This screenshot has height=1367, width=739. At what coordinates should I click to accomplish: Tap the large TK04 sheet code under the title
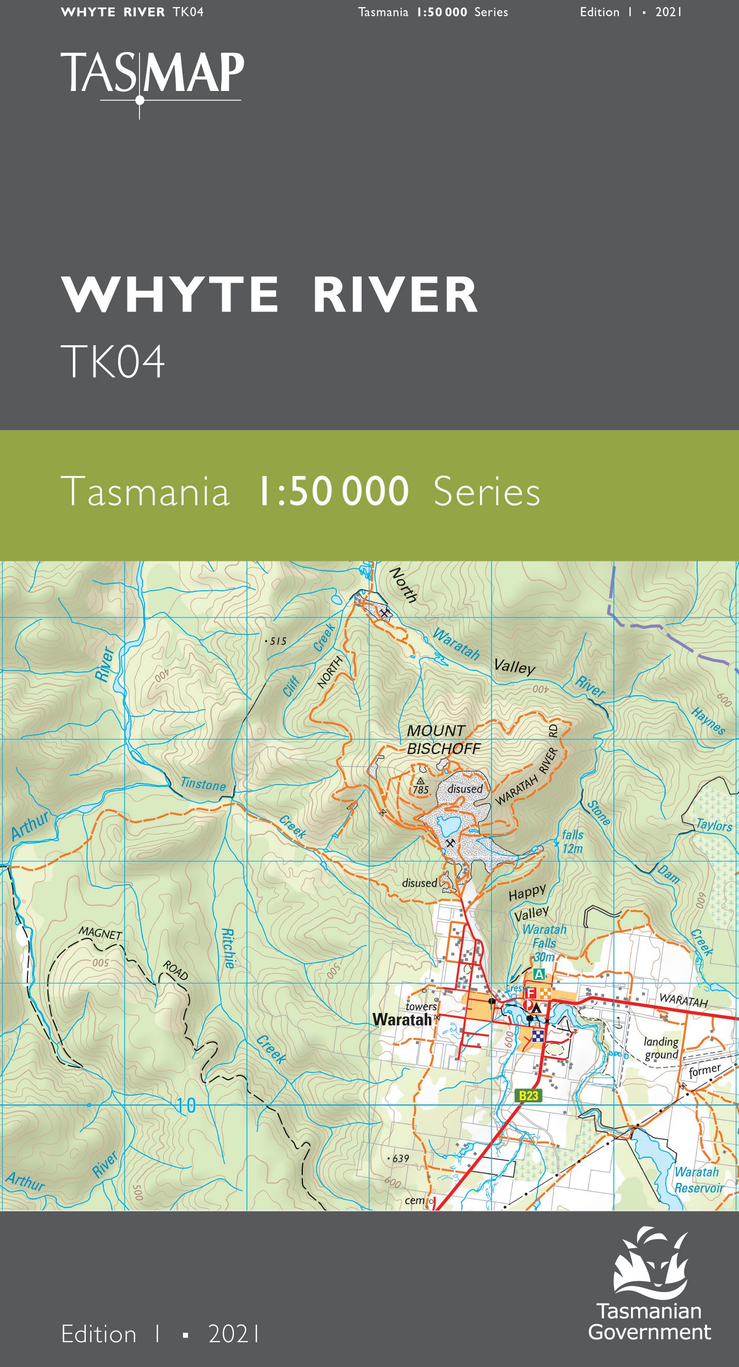pos(113,362)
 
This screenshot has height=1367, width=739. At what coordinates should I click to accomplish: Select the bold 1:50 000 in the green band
pos(333,491)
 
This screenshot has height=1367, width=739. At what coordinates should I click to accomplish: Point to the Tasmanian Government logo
pos(651,1284)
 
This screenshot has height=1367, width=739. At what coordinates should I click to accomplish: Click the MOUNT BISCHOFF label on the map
pos(442,740)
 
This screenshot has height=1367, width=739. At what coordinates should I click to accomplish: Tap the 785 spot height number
pos(421,790)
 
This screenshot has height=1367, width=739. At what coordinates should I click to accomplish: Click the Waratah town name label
pos(402,1019)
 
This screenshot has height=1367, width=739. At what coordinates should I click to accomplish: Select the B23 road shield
pos(528,1096)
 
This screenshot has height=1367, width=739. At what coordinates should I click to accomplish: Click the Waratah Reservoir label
pos(698,1180)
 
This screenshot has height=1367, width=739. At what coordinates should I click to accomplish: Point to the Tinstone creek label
pos(203,784)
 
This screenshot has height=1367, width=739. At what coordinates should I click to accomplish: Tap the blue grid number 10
pos(186,1106)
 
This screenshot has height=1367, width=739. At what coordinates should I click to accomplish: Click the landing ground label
pos(661,1048)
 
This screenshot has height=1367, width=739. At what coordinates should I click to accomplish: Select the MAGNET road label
pos(100,932)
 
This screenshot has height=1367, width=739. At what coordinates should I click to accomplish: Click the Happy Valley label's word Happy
pos(527,893)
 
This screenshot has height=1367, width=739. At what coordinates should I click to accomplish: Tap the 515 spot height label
pos(278,641)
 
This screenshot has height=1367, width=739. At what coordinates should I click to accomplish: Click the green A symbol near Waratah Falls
pos(539,974)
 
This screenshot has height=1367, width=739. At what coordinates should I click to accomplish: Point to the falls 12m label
pos(573,841)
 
